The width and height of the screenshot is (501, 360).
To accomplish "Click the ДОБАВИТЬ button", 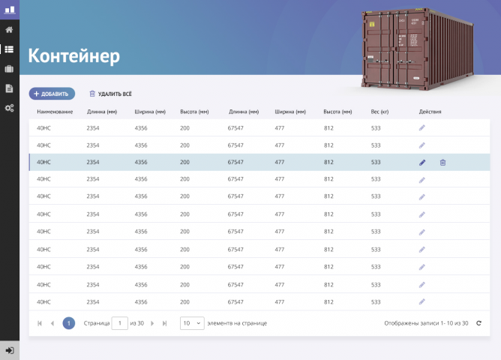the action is coord(52,94).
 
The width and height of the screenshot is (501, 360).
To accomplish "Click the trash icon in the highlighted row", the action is coord(442,163).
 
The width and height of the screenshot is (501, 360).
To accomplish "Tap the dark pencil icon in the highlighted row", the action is coord(422,163).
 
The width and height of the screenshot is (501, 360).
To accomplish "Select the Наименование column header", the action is coord(55,112).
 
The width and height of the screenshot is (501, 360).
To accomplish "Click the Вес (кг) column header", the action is coord(379,112).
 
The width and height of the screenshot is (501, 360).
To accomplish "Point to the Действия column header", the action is coord(430,112).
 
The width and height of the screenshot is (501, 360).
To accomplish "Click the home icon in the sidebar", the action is coord(9,30).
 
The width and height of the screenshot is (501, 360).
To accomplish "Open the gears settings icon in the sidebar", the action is coord(9,108).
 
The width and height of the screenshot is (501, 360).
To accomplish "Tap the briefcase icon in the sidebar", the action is coord(9,69).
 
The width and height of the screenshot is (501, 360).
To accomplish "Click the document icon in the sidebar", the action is coord(9,88).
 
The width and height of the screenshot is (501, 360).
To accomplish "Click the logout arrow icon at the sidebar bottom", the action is coord(10,350).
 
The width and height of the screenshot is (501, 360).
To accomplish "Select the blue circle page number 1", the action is coord(69,323).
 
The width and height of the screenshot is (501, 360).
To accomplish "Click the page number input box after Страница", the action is coord(120,323).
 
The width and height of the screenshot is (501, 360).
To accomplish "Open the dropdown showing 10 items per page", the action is coord(192,323).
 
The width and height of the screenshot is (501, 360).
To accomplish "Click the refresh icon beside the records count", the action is coord(478,323).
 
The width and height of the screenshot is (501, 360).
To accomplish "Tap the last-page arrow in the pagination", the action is coord(164,323).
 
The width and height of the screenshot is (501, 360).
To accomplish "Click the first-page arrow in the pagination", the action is coord(40,323).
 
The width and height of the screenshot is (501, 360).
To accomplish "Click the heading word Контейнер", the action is coord(73,56).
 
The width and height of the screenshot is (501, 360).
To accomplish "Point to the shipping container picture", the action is coord(417,49).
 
